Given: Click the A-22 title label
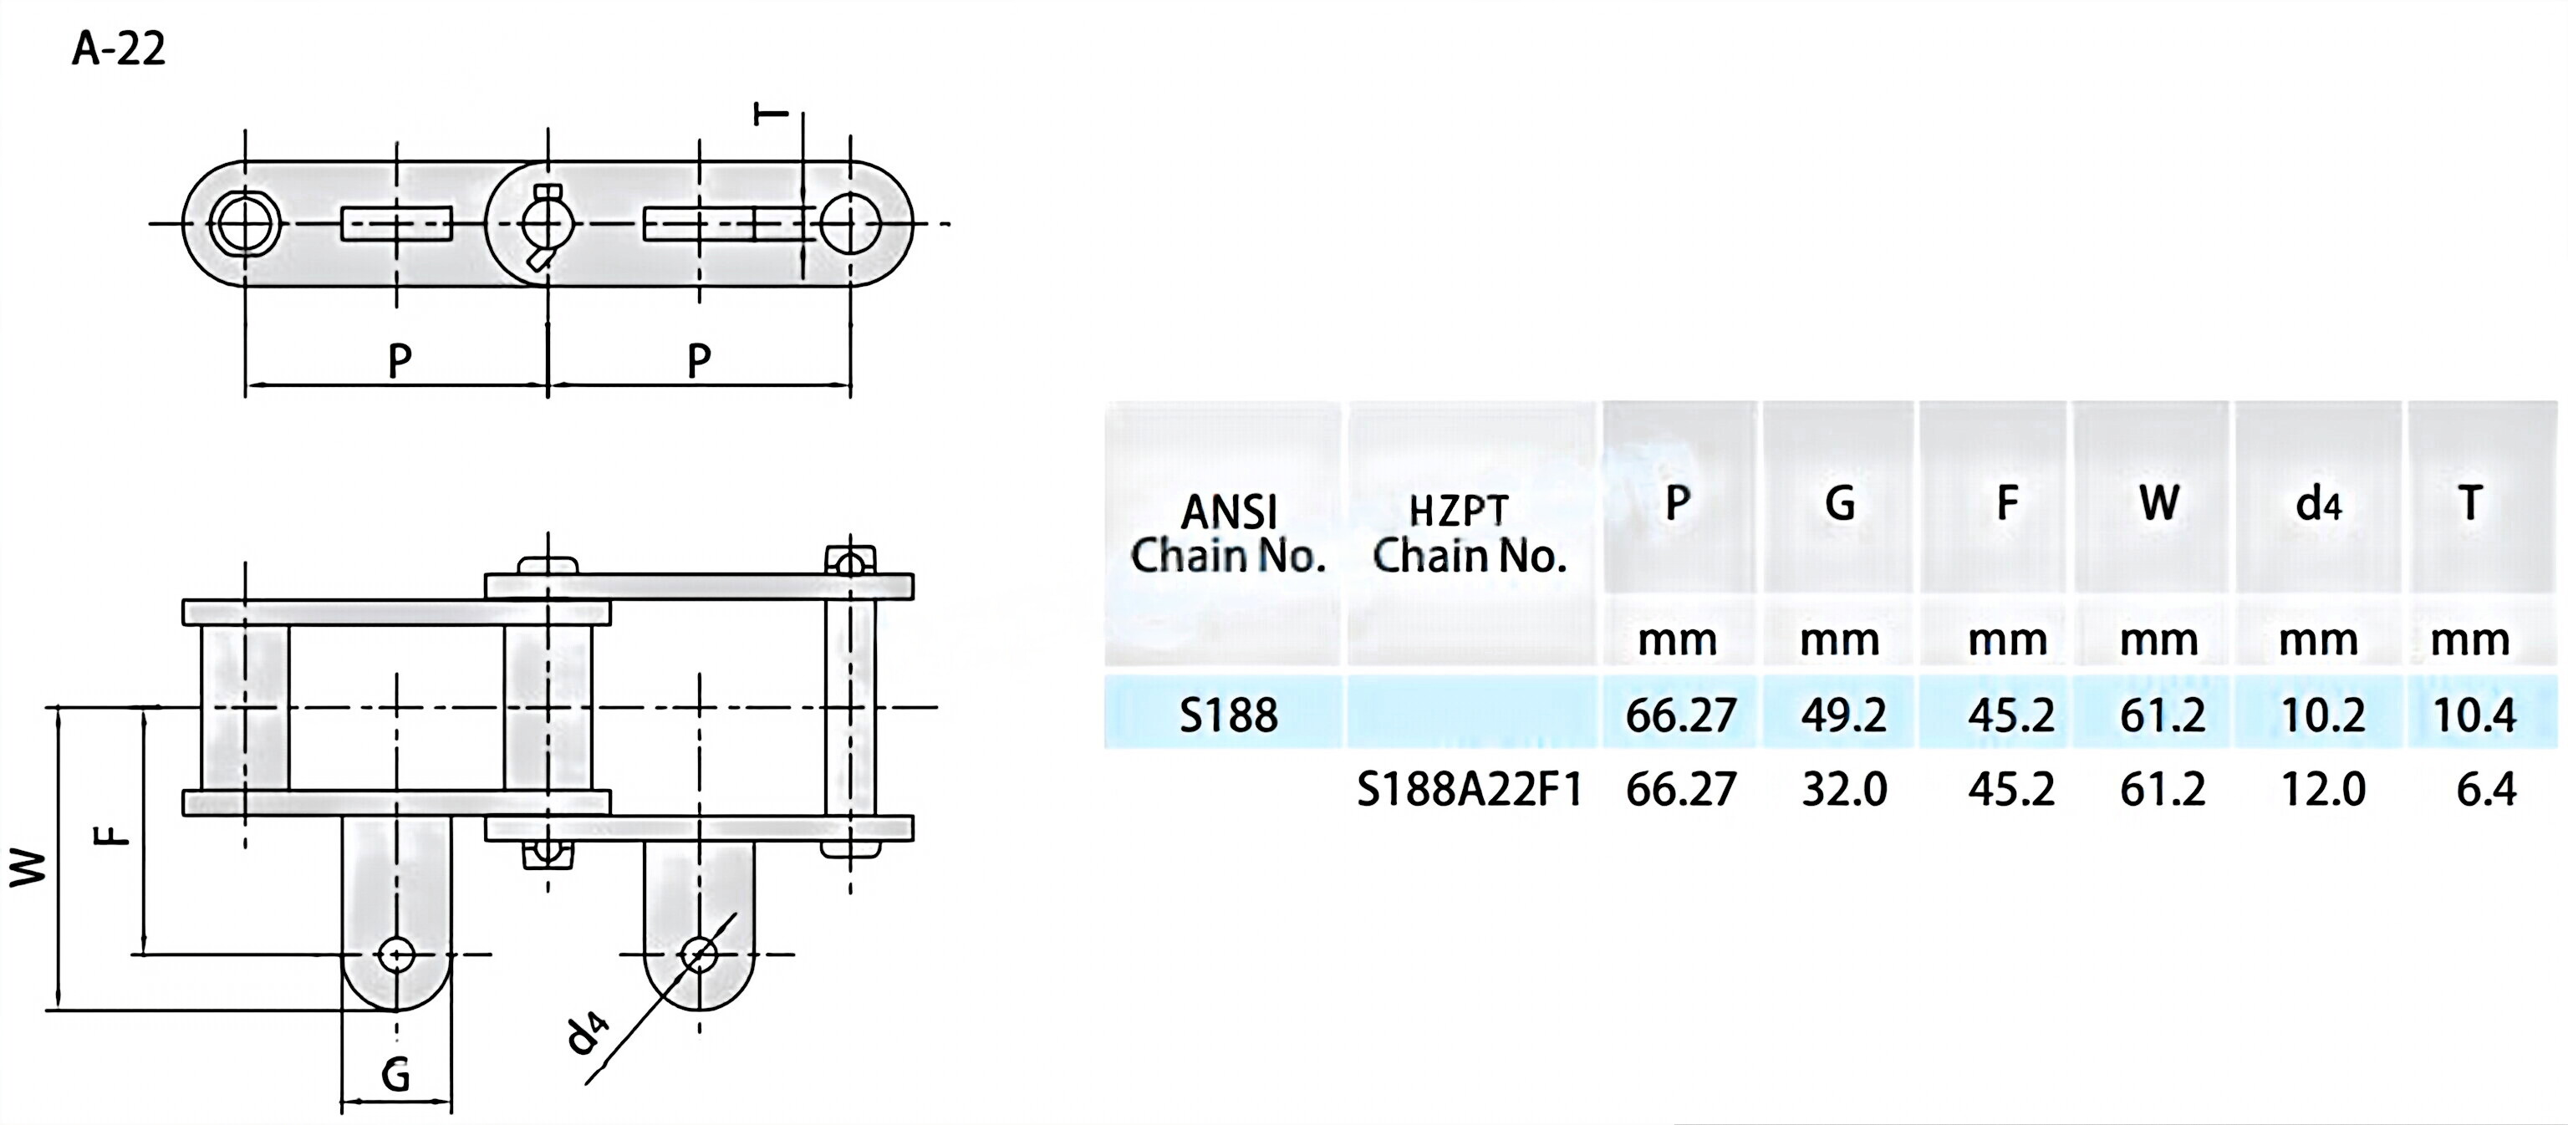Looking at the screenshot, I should click(118, 48).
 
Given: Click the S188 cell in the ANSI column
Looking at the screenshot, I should click(1227, 715).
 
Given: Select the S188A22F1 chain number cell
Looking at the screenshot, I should click(1470, 789).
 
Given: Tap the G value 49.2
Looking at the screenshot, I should click(1843, 715).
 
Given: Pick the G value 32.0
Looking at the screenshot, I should click(1843, 789).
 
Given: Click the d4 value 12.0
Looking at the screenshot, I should click(2321, 789).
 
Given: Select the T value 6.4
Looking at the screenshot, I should click(2485, 789).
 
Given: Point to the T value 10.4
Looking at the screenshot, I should click(2474, 715).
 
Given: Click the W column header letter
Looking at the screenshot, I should click(2158, 502).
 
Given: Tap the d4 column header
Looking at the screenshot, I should click(2318, 504).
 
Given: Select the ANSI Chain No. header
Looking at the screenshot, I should click(1227, 534).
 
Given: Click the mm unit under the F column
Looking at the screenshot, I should click(2007, 639).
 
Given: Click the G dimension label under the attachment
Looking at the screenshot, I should click(395, 1075).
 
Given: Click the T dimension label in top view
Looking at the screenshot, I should click(770, 114).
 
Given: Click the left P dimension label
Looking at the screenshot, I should click(399, 359).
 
